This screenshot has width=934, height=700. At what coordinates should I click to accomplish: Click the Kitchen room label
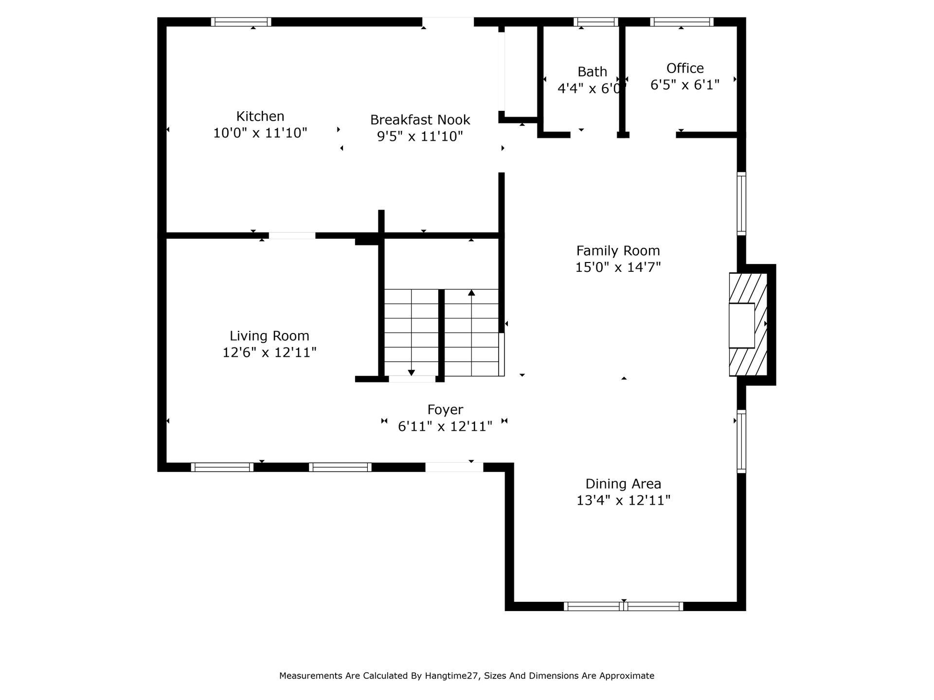point(260,117)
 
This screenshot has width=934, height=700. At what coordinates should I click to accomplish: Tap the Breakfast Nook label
point(420,120)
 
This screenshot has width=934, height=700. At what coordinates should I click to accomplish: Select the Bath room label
point(592,72)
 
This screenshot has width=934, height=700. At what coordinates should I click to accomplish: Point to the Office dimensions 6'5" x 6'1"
point(685,85)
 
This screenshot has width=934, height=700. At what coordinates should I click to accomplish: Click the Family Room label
point(618,251)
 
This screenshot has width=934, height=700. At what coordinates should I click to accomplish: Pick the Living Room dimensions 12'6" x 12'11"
point(269,352)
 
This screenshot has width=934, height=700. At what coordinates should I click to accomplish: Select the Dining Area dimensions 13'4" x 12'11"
point(624,500)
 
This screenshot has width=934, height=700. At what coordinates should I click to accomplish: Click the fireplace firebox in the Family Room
point(741,326)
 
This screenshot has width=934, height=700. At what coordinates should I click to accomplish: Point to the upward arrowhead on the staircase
point(471,293)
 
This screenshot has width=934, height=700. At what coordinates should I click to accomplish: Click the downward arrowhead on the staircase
point(412,373)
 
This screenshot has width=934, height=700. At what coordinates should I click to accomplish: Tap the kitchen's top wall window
point(241,22)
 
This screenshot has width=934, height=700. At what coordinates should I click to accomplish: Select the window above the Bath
point(596,22)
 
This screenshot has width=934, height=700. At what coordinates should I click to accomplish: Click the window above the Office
point(682,22)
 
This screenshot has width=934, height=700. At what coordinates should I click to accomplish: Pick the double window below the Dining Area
point(624,606)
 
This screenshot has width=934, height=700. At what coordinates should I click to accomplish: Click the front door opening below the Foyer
point(454,467)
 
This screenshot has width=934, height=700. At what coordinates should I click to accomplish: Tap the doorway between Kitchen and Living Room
point(292,236)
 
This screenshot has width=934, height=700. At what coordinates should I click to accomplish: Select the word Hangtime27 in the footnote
point(452,676)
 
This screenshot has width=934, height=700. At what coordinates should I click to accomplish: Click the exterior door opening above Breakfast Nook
point(448,22)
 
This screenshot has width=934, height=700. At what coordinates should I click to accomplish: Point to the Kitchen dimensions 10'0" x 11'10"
point(260,133)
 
